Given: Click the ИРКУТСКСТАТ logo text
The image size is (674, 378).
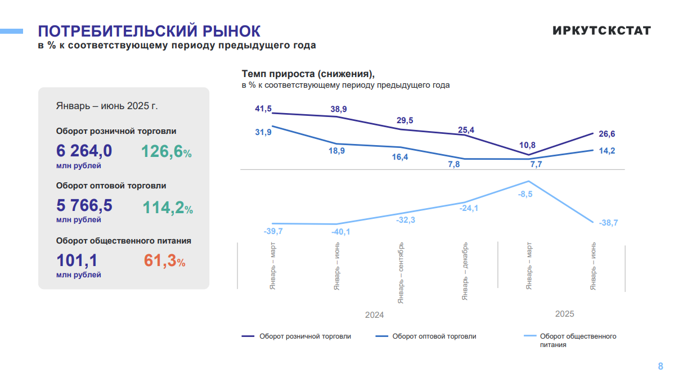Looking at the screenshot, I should point(601,30).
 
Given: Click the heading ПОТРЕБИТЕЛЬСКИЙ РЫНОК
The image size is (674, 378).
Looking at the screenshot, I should point(149,30).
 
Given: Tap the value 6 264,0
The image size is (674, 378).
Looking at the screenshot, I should point(84,151).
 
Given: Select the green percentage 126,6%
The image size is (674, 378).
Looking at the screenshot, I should point(167,152).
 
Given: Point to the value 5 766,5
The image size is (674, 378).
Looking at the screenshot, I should point(84,205).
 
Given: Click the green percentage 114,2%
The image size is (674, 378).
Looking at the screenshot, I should point(167,208).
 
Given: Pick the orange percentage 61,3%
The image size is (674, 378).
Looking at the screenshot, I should point(165,261).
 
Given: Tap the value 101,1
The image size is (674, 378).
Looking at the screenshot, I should point(77,260).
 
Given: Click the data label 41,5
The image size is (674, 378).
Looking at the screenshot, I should point(263,109).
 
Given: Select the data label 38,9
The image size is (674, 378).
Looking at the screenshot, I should point(339,109).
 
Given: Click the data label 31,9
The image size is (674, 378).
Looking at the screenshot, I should point(263,132).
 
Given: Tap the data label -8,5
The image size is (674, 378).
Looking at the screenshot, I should point(525,193).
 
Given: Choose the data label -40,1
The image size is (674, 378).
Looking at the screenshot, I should point(339,232).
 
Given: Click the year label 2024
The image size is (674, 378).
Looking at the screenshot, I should point(374,315).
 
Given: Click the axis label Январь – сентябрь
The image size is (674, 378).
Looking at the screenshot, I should point(401,273).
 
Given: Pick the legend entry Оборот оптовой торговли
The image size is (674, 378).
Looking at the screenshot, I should point(434,336).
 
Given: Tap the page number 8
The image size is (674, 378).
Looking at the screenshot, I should point(660,366).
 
